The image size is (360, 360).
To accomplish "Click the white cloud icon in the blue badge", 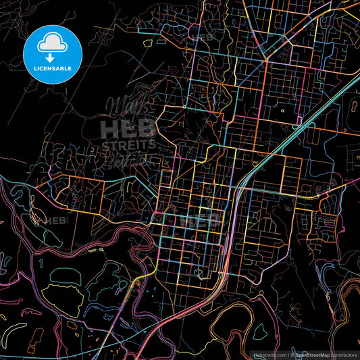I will click(x=52, y=43).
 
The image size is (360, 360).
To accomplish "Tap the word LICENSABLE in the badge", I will click(x=52, y=68).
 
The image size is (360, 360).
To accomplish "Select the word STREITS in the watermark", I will click(x=128, y=144).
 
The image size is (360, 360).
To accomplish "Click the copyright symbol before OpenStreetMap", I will click(x=290, y=354).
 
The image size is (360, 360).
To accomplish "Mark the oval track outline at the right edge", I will click(x=354, y=105).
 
